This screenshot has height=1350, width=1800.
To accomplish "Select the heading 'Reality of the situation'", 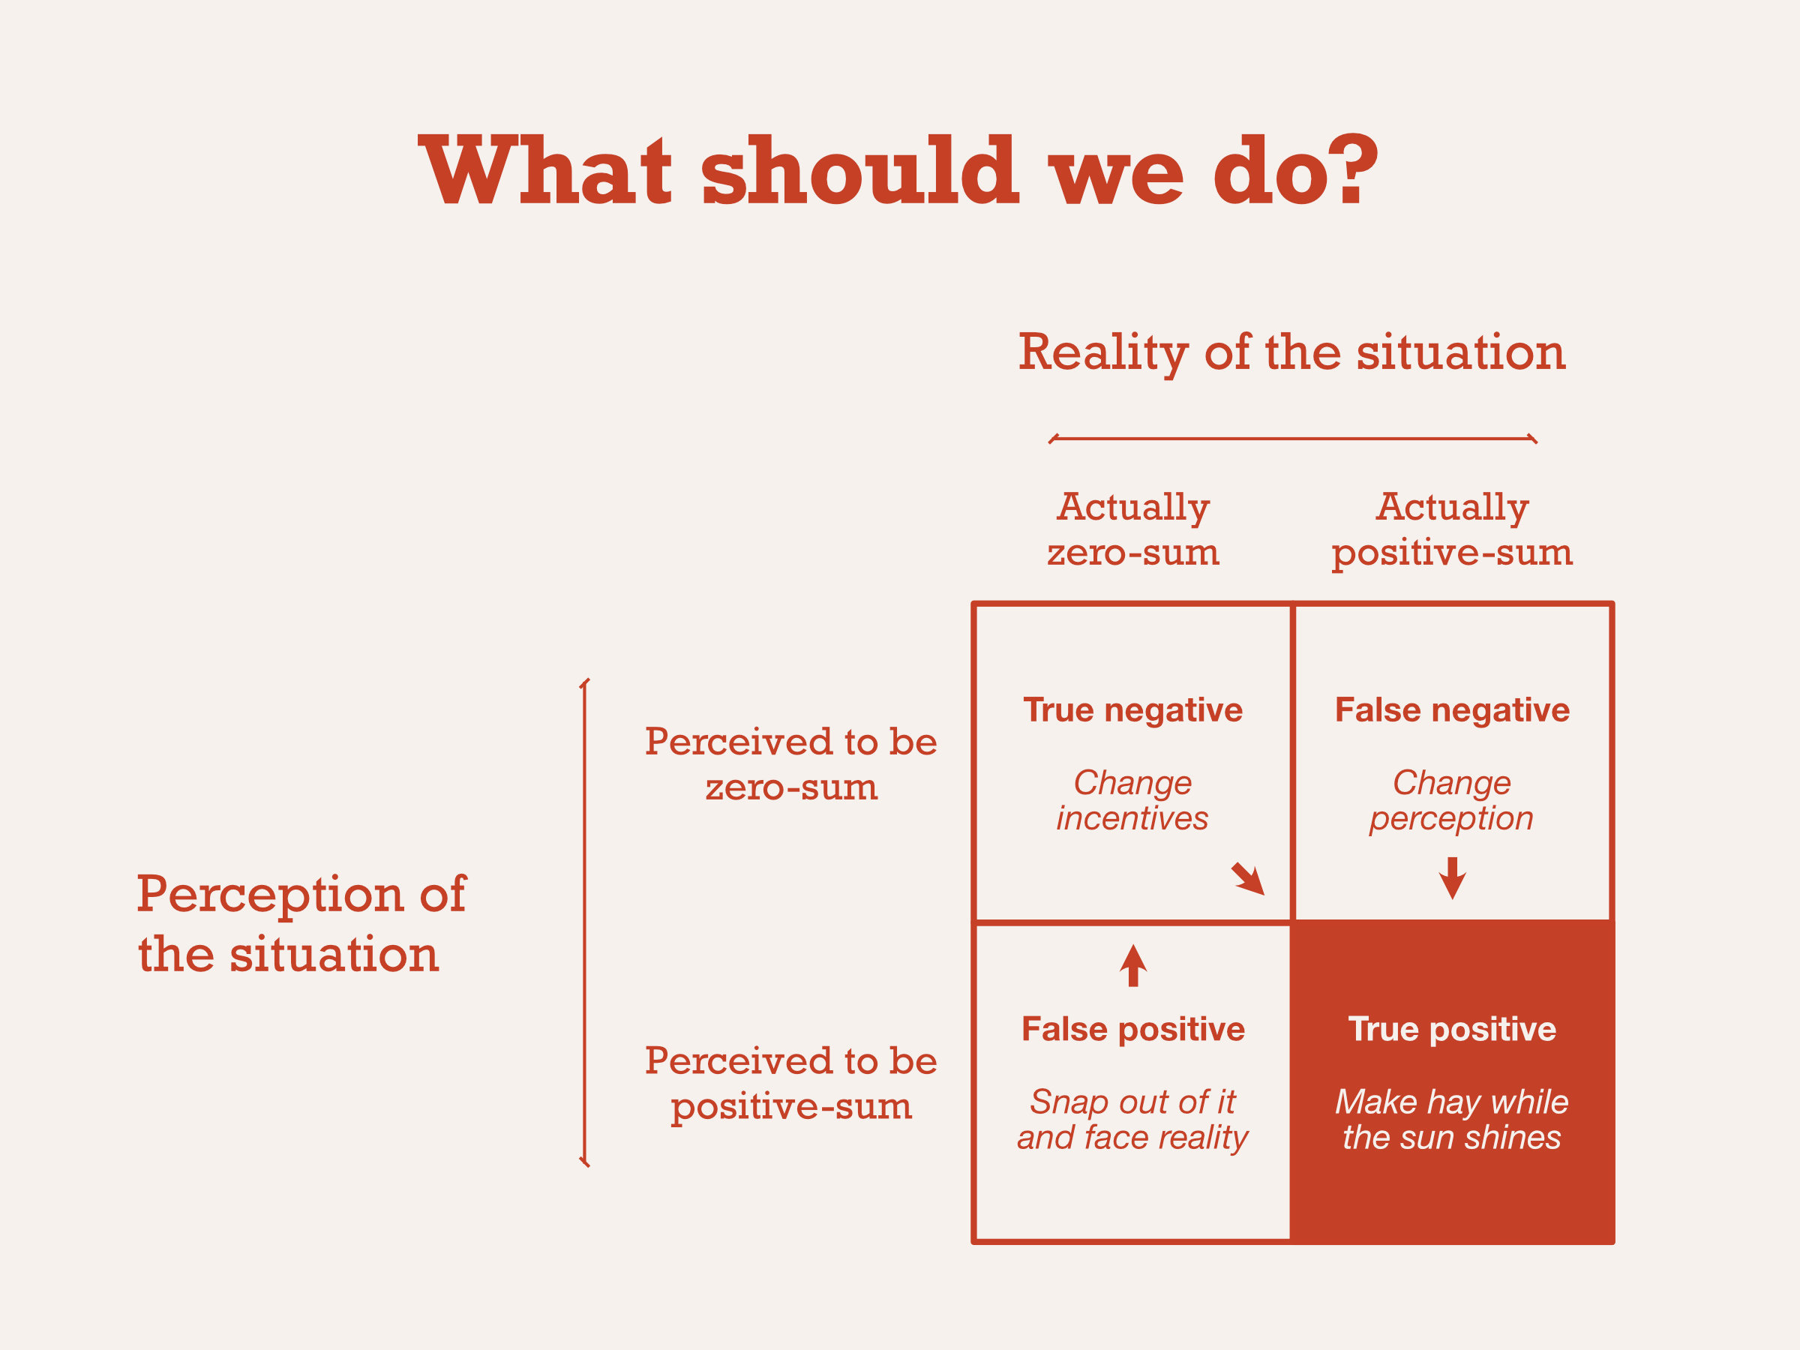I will coord(1291,352).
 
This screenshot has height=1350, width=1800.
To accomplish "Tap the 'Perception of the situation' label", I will coord(301,923).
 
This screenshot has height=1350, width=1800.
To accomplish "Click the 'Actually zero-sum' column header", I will coord(1132,529).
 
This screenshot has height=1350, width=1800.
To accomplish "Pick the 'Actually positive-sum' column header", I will coord(1452,529).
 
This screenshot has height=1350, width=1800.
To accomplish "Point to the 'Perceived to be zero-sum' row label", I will coord(791,763).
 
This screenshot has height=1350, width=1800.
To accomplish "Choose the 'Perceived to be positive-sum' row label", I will coord(791,1082).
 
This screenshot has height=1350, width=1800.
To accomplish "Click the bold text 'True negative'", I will coord(1132,709).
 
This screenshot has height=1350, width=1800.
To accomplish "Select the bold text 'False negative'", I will coord(1452,709).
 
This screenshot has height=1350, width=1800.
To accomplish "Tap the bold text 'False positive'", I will coord(1132,1030).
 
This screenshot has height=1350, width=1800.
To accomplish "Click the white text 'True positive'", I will coord(1452,1030).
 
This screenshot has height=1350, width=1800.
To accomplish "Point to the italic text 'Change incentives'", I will coord(1132,800).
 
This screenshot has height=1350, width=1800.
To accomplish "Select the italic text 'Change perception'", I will coord(1452,800).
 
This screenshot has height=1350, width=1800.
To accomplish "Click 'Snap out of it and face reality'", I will coord(1132,1120).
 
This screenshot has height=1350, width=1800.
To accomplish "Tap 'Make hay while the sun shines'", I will coord(1452,1120).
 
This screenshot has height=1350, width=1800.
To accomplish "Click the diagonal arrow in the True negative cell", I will coord(1247,879).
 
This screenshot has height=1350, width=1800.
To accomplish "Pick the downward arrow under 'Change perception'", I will coord(1452,877).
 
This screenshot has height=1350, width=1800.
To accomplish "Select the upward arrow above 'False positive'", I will coord(1132,966).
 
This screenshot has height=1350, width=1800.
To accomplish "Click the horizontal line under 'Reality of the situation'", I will coord(1292,439).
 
